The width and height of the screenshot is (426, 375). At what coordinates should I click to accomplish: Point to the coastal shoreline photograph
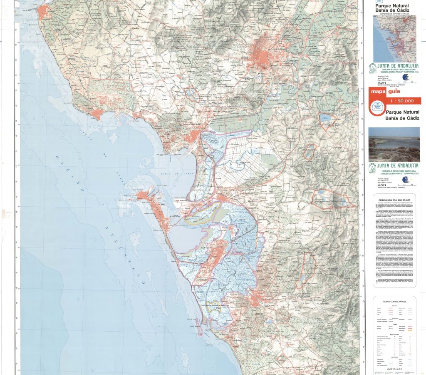click(394, 144)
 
